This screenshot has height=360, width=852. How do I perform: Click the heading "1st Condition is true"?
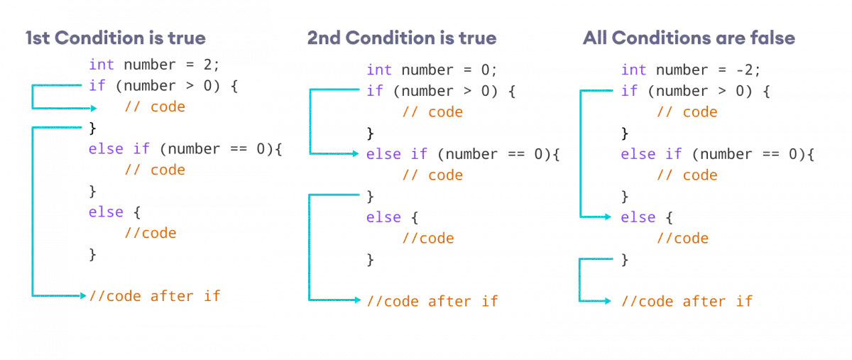coord(115,38)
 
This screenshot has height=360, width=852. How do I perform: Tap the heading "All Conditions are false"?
coord(687,38)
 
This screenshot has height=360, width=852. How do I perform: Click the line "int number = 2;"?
coord(155,65)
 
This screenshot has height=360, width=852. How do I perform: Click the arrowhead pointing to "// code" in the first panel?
coord(94,109)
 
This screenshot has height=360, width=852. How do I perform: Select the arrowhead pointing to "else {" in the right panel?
coord(608,217)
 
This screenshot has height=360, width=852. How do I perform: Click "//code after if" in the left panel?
coord(155,295)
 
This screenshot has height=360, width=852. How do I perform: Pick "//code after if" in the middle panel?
coord(432,300)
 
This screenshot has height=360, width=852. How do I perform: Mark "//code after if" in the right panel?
coord(686,301)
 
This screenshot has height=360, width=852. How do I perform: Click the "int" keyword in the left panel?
coord(101,65)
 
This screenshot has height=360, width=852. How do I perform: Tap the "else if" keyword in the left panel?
coord(119,149)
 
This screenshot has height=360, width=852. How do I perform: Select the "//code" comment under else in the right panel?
coord(681,239)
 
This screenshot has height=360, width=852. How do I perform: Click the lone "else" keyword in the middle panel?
coord(383,217)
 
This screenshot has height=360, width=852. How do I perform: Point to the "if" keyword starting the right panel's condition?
coord(628,91)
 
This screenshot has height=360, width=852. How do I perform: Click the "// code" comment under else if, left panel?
coord(155,170)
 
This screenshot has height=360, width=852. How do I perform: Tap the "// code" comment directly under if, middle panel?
coord(433,112)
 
